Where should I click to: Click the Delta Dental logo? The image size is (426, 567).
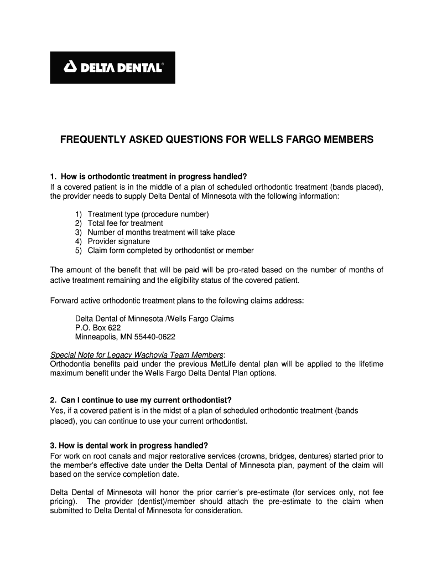[112, 68]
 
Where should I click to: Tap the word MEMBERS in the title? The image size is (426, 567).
[346, 140]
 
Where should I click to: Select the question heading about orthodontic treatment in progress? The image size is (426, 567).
[148, 177]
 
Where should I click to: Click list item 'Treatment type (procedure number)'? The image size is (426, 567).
[148, 214]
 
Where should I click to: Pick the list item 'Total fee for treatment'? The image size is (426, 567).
[125, 223]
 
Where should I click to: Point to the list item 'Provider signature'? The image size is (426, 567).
[118, 241]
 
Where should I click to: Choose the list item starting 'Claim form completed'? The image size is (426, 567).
[170, 250]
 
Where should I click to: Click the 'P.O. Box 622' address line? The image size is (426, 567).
[98, 327]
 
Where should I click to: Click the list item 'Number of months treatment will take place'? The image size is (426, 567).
[161, 233]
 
